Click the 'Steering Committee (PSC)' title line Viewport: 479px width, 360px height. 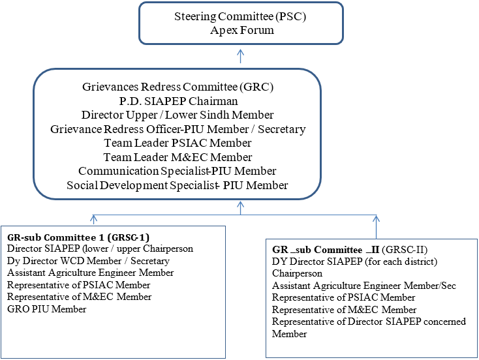pyautogui.click(x=240, y=16)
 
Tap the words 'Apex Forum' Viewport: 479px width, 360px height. pyautogui.click(x=242, y=30)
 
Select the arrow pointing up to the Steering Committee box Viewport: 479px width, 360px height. pyautogui.click(x=241, y=56)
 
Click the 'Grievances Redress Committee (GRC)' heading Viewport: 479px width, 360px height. pyautogui.click(x=178, y=87)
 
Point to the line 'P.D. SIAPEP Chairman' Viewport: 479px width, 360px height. pyautogui.click(x=178, y=101)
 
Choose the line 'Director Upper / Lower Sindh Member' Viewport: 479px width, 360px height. pyautogui.click(x=178, y=115)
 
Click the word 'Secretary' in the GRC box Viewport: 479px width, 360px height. pyautogui.click(x=282, y=130)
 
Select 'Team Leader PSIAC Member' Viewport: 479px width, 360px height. pyautogui.click(x=178, y=143)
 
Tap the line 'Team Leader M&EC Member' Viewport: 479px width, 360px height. pyautogui.click(x=178, y=157)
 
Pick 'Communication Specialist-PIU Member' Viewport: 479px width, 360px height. pyautogui.click(x=178, y=172)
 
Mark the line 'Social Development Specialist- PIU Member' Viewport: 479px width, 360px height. pyautogui.click(x=178, y=185)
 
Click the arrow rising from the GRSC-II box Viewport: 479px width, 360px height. pyautogui.click(x=377, y=227)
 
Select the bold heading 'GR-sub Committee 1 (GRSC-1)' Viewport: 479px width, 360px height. pyautogui.click(x=78, y=237)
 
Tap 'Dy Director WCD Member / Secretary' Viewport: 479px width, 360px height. pyautogui.click(x=88, y=261)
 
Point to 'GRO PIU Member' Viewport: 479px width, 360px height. pyautogui.click(x=47, y=309)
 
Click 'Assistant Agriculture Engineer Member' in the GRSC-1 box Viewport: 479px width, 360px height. pyautogui.click(x=91, y=273)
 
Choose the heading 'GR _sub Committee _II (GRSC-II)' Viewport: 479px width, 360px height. pyautogui.click(x=350, y=250)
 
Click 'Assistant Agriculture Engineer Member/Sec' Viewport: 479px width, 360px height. pyautogui.click(x=364, y=286)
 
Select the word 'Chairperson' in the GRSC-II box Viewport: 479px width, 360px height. pyautogui.click(x=297, y=273)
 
